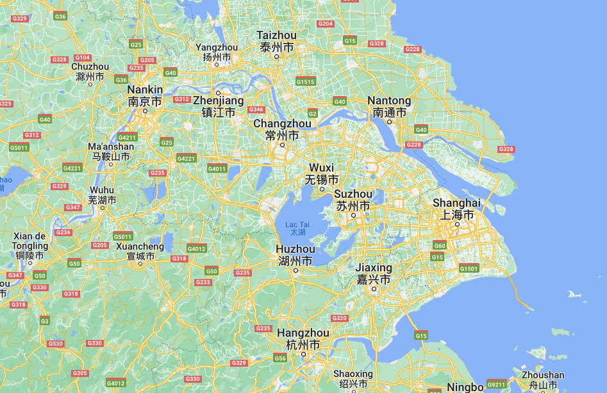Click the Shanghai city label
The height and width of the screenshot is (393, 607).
pyautogui.click(x=456, y=209)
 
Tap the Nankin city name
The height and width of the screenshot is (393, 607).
pyautogui.click(x=145, y=95)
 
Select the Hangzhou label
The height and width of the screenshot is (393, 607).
pyautogui.click(x=303, y=339)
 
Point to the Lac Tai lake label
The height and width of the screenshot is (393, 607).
pyautogui.click(x=297, y=229)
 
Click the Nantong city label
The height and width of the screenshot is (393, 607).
pyautogui.click(x=389, y=106)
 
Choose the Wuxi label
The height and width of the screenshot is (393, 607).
pyautogui.click(x=322, y=173)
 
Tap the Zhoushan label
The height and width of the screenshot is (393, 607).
pyautogui.click(x=543, y=380)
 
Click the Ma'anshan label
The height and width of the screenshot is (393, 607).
pyautogui.click(x=111, y=151)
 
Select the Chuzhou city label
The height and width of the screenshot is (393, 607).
pyautogui.click(x=90, y=71)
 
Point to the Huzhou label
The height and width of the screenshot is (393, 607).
pyautogui.click(x=295, y=255)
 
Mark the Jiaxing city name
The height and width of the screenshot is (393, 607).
pyautogui.click(x=374, y=273)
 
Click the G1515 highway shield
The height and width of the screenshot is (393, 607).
pyautogui.click(x=306, y=81)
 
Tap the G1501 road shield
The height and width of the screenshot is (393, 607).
pyautogui.click(x=469, y=268)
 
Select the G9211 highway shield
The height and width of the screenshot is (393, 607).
pyautogui.click(x=496, y=385)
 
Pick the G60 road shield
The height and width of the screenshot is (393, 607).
pyautogui.click(x=440, y=245)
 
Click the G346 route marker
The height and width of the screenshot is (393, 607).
pyautogui.click(x=256, y=109)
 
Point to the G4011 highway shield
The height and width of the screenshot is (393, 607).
pyautogui.click(x=217, y=168)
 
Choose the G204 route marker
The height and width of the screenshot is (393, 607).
pyautogui.click(x=326, y=24)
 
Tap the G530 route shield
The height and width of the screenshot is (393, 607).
pyautogui.click(x=56, y=344)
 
